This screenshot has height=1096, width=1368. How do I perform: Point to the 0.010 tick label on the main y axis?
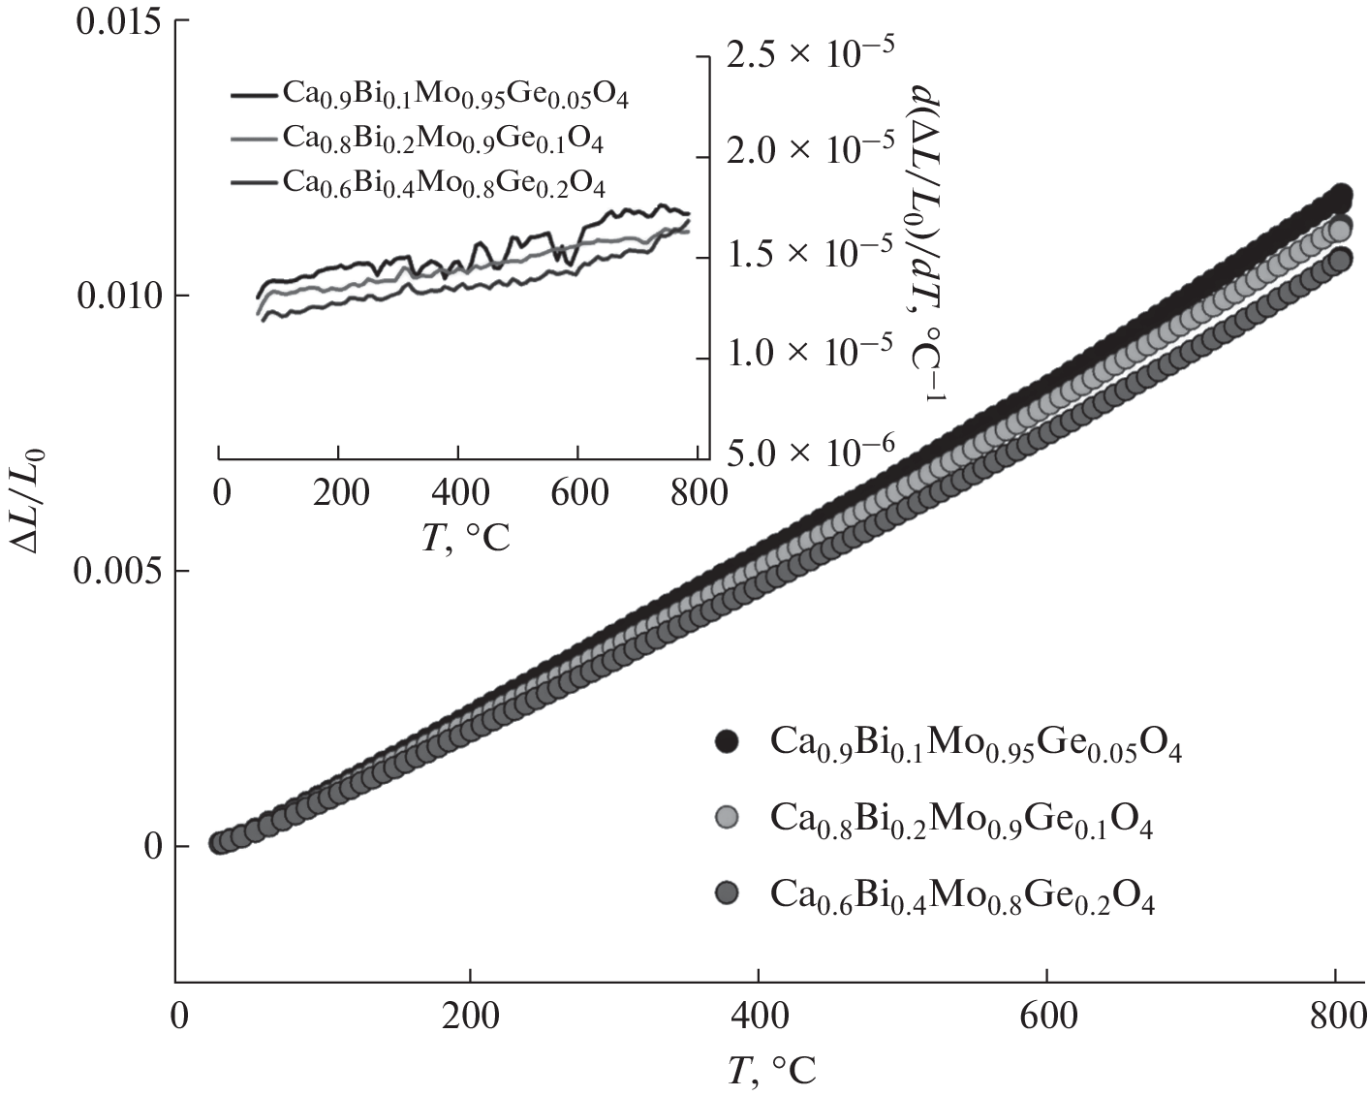click(x=113, y=296)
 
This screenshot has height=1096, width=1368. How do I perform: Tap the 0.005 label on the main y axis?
click(x=113, y=571)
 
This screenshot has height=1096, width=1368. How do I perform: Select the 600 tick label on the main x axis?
click(x=1047, y=1017)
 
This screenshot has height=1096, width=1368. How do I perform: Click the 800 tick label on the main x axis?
click(x=1335, y=1017)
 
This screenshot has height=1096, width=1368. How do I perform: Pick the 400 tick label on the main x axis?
click(x=758, y=1017)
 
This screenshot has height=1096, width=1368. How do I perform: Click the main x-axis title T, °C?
click(x=772, y=1070)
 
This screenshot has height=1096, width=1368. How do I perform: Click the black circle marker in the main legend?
click(x=726, y=742)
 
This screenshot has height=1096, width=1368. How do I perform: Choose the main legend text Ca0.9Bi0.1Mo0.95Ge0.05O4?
click(x=976, y=743)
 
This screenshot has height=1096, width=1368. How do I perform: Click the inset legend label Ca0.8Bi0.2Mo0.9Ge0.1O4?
click(x=443, y=140)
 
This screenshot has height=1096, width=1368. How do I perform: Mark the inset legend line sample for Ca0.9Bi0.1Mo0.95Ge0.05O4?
click(x=254, y=95)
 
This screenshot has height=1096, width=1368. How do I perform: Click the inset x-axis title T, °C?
click(x=466, y=537)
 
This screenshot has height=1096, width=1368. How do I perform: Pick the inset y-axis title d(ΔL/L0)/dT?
click(x=928, y=242)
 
